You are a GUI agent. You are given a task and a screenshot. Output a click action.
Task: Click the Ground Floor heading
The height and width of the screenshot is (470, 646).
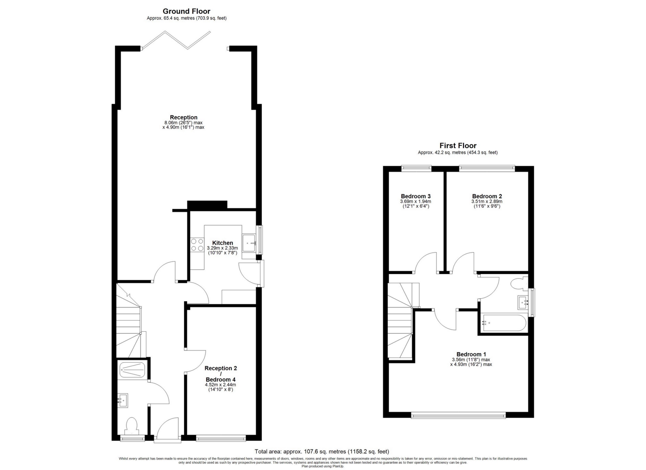pyautogui.click(x=186, y=11)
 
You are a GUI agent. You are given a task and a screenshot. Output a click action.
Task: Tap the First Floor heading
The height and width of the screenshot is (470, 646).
pyautogui.click(x=458, y=145)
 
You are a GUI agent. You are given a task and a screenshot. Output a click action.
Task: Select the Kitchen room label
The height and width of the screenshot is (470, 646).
pyautogui.click(x=222, y=243)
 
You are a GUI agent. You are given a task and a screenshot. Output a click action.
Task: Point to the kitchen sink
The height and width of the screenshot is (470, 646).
pyautogui.click(x=250, y=242)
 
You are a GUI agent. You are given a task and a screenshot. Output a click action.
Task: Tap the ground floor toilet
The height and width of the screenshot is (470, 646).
pyautogui.click(x=131, y=426)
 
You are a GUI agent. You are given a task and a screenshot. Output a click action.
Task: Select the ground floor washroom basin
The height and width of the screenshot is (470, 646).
pyautogui.click(x=123, y=401)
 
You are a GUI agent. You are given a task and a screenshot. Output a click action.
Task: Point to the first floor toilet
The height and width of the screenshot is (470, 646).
pyautogui.click(x=519, y=283)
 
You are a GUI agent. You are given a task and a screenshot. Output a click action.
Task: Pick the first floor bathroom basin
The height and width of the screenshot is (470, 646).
pyautogui.click(x=523, y=302)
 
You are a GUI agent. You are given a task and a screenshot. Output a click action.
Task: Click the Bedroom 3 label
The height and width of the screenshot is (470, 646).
pyautogui.click(x=416, y=196)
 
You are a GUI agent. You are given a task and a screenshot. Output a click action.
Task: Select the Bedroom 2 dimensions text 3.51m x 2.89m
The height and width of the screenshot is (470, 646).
pyautogui.click(x=487, y=202)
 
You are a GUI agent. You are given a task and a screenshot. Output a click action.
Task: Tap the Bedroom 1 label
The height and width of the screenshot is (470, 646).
pyautogui.click(x=471, y=354)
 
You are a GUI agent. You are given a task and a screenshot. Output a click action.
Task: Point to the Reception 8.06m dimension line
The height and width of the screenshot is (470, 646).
pyautogui.click(x=183, y=123)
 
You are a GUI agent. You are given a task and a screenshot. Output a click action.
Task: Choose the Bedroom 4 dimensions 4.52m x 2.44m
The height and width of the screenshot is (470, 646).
pyautogui.click(x=220, y=385)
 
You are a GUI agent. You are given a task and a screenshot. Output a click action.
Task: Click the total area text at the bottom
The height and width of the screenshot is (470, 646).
pyautogui.click(x=322, y=451)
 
